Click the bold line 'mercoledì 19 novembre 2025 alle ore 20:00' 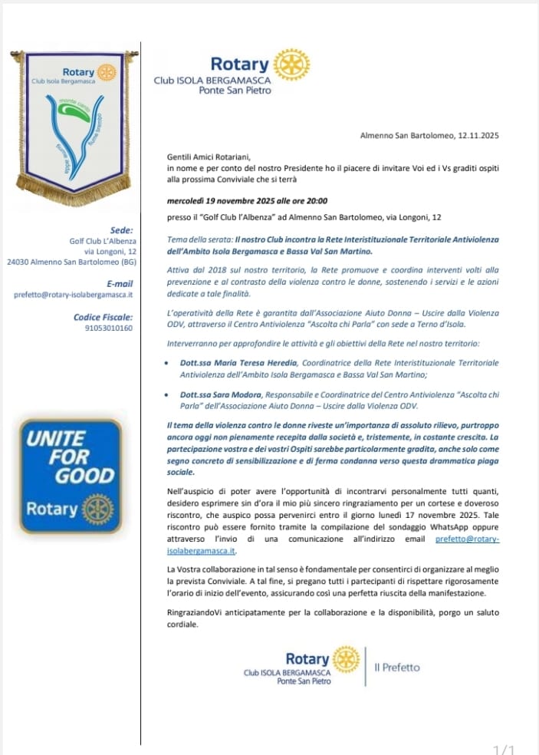pyautogui.click(x=247, y=201)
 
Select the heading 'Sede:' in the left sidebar pyautogui.click(x=121, y=229)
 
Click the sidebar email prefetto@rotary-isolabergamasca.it pyautogui.click(x=74, y=294)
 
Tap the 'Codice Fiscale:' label pyautogui.click(x=104, y=317)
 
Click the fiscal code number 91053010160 pyautogui.click(x=108, y=328)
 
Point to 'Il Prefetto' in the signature pyautogui.click(x=397, y=668)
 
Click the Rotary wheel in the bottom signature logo pyautogui.click(x=346, y=659)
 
